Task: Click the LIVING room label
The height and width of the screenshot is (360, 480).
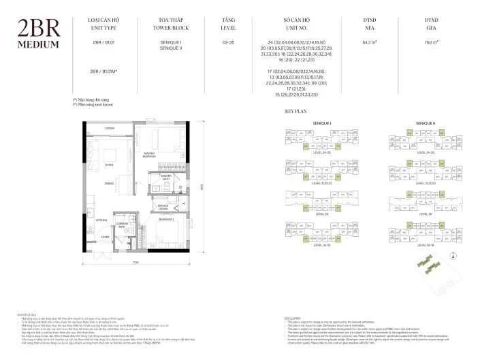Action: tap(109, 164)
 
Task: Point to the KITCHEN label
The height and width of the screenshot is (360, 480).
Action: tap(102, 220)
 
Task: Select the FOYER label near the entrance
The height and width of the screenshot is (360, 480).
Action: tap(106, 237)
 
